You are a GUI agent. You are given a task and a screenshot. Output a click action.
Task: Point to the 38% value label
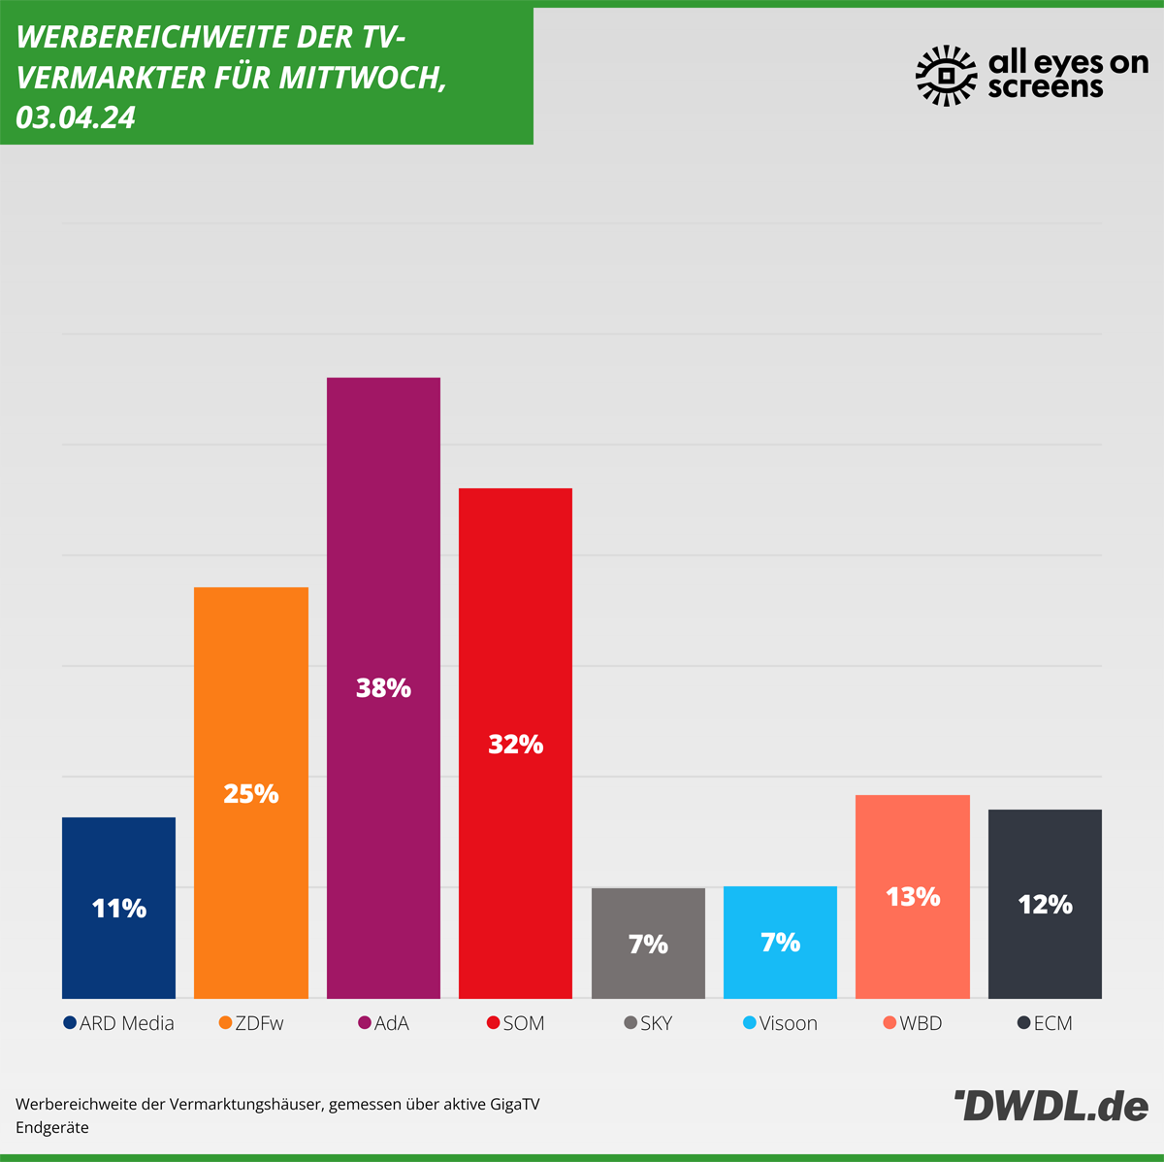point(383,688)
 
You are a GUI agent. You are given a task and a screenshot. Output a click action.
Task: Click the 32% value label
point(515,745)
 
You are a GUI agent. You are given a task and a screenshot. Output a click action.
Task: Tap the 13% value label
point(913,897)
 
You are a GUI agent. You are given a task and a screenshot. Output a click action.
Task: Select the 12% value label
point(1045,905)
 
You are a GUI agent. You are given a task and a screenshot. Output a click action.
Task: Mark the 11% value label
point(118,909)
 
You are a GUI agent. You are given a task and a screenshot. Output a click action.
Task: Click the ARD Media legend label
point(127,1023)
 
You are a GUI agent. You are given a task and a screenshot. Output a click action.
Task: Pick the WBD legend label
point(921,1023)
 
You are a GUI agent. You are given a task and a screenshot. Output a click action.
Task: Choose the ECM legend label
point(1052,1023)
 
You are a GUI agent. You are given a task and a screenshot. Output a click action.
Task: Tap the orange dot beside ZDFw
point(226,1023)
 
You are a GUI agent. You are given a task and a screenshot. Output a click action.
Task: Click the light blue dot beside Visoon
point(749,1023)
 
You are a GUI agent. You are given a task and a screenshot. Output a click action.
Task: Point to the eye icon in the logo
point(947,75)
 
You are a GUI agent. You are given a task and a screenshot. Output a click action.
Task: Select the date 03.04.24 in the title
point(76,118)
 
